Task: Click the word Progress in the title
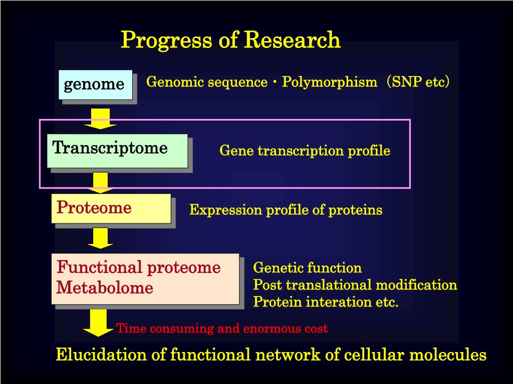[167, 40]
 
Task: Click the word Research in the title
[293, 39]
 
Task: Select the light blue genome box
[96, 85]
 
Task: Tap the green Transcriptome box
[117, 151]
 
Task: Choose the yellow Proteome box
[111, 208]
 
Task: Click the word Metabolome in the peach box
[105, 287]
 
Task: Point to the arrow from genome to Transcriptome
[100, 118]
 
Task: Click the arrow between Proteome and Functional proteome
[100, 238]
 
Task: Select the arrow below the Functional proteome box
[98, 323]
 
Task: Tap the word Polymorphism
[330, 82]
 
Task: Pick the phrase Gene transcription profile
[305, 151]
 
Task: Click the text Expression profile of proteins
[286, 210]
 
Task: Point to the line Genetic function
[308, 268]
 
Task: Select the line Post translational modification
[355, 284]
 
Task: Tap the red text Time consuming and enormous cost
[222, 328]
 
